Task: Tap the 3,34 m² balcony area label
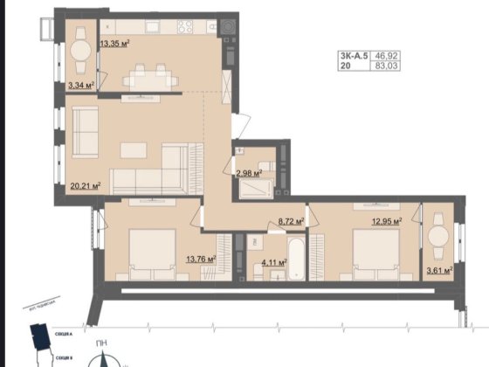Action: [81, 85]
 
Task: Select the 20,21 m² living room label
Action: [85, 185]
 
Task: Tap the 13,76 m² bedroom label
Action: [201, 258]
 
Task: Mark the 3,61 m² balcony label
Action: [438, 271]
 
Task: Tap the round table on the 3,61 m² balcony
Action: [438, 237]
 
